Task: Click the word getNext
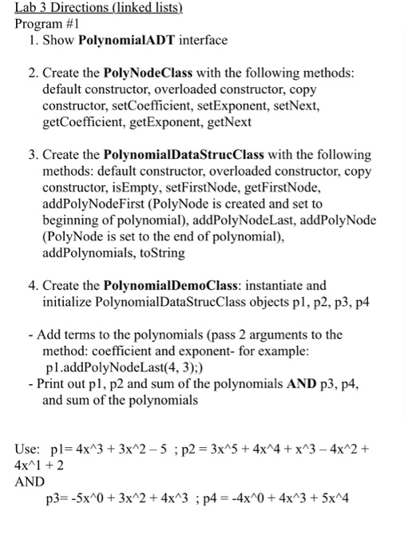pyautogui.click(x=230, y=122)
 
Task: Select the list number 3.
pyautogui.click(x=31, y=155)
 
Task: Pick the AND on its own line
pyautogui.click(x=30, y=482)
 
